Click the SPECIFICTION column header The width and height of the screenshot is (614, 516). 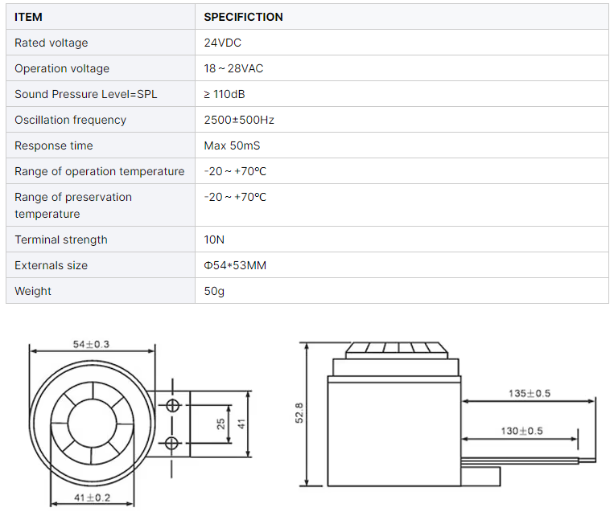(243, 17)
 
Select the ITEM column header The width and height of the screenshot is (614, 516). (28, 17)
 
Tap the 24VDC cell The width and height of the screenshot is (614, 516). (223, 43)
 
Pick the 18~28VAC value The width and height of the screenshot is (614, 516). (233, 68)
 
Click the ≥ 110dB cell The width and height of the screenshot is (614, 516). (225, 94)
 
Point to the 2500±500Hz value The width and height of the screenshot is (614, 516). (239, 120)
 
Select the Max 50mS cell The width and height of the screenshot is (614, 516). (232, 145)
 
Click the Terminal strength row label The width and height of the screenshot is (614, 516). (61, 240)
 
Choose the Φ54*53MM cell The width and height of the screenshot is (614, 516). (235, 265)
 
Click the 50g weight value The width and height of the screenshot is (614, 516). (214, 291)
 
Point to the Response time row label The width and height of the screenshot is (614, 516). (54, 145)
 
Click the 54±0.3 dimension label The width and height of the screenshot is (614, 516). (91, 344)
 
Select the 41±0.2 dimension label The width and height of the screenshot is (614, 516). (91, 498)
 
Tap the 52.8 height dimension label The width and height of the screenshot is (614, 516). (299, 414)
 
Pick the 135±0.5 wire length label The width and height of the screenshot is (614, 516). (530, 394)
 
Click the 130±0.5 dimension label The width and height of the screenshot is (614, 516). (521, 431)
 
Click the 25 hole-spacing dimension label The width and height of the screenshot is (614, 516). (221, 424)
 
